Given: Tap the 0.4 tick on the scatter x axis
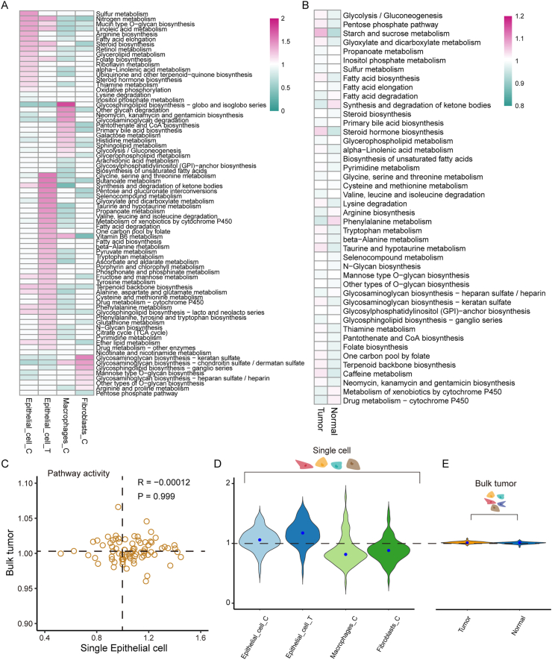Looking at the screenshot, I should tap(45, 638).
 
